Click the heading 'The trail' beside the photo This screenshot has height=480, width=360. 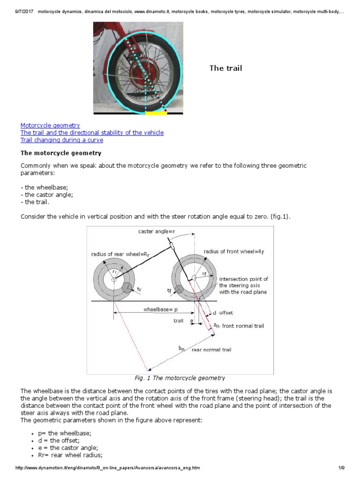tap(225, 68)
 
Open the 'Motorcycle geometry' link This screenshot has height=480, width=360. tap(50, 126)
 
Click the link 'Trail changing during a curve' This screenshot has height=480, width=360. tap(62, 140)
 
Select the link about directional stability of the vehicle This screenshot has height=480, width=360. tap(92, 133)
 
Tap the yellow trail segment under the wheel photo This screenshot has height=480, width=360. tap(157, 113)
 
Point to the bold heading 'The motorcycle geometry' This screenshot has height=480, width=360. tap(61, 153)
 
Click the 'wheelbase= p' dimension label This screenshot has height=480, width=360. tap(161, 309)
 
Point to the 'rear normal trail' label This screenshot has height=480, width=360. tap(211, 349)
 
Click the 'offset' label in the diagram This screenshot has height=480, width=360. tap(225, 313)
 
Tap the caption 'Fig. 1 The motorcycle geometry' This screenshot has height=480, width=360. tap(180, 378)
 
